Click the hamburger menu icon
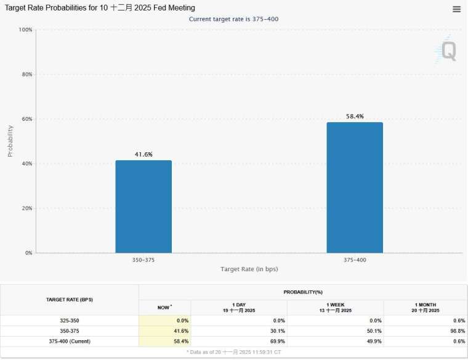[456, 9]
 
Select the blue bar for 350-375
[143, 207]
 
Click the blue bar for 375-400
[355, 187]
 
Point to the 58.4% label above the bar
[355, 116]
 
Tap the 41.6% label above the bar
[143, 154]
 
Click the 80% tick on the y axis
[25, 75]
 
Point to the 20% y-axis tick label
[25, 208]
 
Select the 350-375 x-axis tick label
[143, 260]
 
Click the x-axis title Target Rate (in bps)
[249, 269]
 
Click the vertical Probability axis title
[10, 141]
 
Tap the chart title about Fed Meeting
[100, 8]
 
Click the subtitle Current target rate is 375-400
[234, 19]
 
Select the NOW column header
[164, 307]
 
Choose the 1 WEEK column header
[336, 307]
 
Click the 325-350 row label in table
[70, 321]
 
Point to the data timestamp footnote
[234, 351]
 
